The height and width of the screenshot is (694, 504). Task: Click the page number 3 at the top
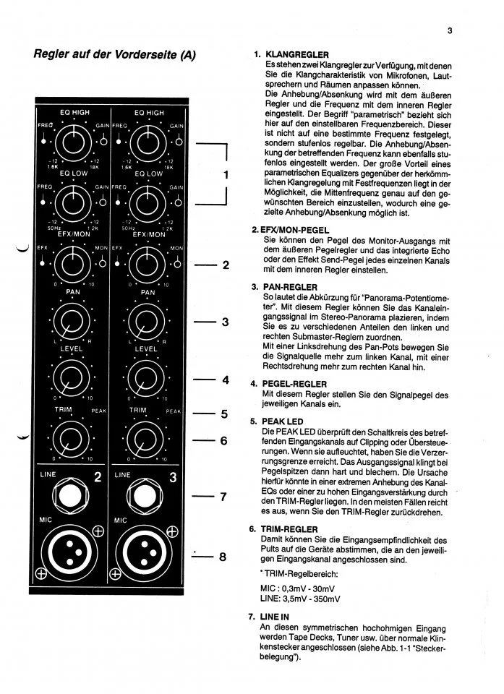(449, 30)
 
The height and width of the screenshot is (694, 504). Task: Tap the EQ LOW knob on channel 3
(147, 202)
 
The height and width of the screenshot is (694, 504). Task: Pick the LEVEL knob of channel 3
(147, 377)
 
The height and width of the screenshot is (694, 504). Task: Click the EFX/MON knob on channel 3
(147, 262)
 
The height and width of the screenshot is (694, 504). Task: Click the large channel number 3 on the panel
(174, 477)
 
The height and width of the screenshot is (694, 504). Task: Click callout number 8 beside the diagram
(223, 557)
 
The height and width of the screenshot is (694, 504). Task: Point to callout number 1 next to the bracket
(226, 174)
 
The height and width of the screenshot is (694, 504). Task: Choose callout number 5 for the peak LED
(223, 414)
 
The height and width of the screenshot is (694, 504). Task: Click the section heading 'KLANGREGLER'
(297, 55)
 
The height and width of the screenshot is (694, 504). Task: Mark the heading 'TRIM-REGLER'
(292, 529)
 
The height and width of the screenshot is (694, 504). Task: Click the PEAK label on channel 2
(98, 411)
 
